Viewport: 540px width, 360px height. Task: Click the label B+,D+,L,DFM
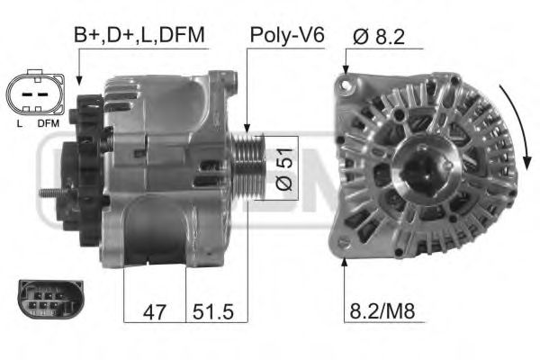click(139, 35)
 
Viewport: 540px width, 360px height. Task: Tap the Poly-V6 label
click(286, 35)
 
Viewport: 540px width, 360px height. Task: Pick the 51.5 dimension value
click(214, 311)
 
